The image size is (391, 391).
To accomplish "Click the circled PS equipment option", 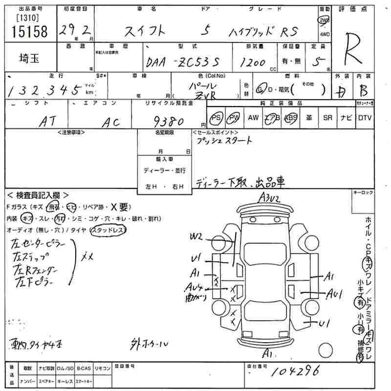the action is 216,118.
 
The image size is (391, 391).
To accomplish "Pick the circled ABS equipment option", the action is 291,118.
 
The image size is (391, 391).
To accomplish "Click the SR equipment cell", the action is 327,118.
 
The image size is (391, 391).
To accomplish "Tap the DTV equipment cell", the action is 365,118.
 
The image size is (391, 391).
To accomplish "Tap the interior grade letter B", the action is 364,91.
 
